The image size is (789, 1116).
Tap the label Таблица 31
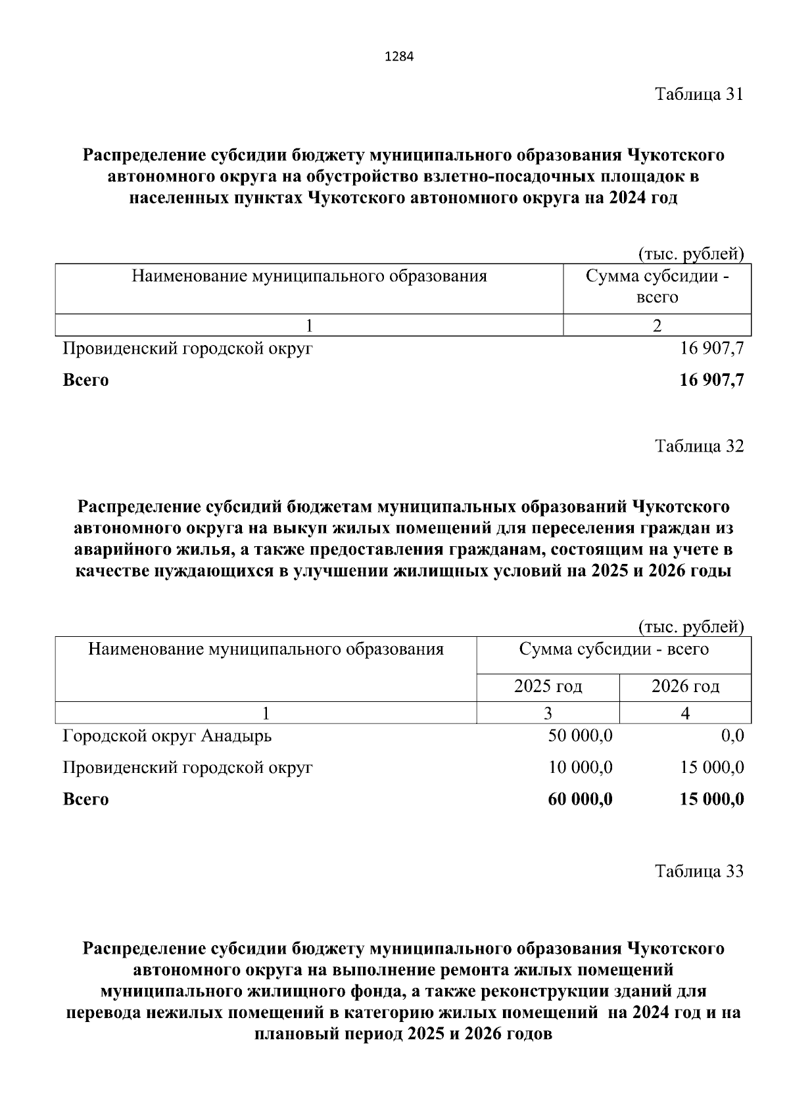[699, 94]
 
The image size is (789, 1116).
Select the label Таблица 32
[699, 446]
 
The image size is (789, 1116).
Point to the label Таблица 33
[699, 872]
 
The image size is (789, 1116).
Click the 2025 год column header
[548, 687]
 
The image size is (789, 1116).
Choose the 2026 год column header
[685, 687]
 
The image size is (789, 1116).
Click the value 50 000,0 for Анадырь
[580, 735]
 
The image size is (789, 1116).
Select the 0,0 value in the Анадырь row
[732, 735]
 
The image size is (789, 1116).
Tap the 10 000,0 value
[580, 767]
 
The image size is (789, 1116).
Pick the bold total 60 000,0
[580, 799]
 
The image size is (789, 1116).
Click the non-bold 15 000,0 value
[713, 767]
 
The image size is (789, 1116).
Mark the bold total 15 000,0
[713, 799]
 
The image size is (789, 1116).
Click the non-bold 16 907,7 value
[712, 348]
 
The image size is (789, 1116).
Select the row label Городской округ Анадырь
[167, 735]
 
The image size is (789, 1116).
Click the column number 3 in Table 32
[548, 713]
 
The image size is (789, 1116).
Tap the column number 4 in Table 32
[685, 713]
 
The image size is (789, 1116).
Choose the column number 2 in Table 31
[657, 325]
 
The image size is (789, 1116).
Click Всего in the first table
[85, 380]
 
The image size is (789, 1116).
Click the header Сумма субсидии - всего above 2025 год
[613, 650]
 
